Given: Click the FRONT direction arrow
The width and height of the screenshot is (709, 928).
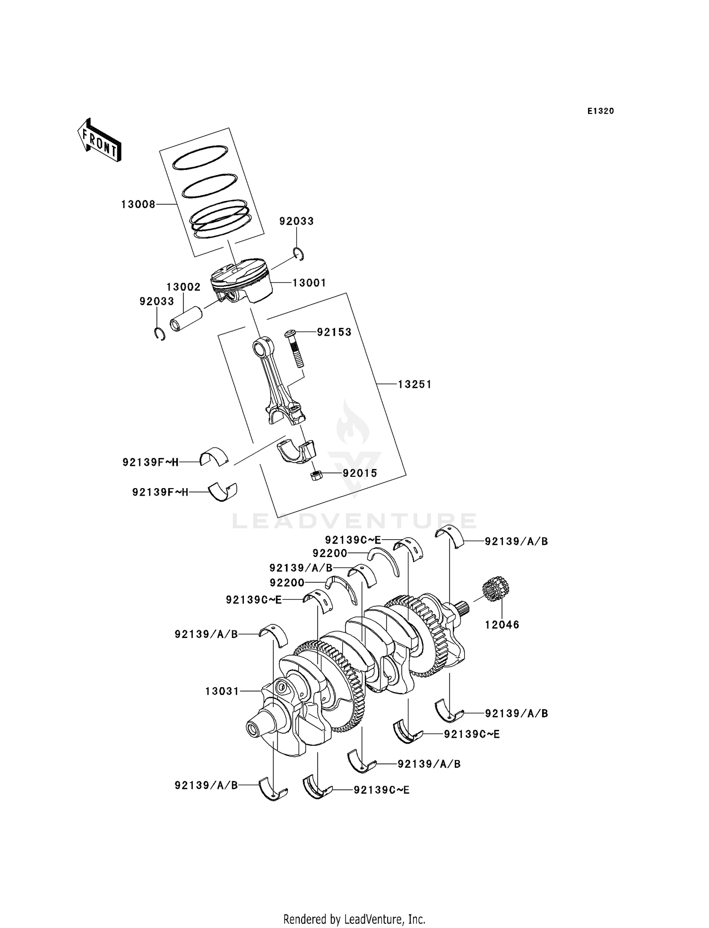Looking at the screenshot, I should tap(99, 140).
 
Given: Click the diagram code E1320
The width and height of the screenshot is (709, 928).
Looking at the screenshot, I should tap(600, 111).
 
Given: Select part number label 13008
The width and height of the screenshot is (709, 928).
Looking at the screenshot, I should tap(138, 204).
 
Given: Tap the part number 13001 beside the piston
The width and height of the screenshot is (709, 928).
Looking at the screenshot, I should tap(309, 283).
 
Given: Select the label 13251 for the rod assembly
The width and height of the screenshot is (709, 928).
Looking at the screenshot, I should tap(415, 385).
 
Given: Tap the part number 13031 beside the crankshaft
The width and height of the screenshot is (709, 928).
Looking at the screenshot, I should tap(222, 691).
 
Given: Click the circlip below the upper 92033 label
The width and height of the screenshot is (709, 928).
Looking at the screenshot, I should tap(299, 254).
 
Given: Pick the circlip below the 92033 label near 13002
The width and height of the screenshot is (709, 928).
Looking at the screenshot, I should tap(160, 334).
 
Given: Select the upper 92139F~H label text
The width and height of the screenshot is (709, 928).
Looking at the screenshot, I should tap(150, 463).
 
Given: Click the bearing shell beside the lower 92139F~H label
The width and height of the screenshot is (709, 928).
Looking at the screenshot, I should tap(224, 491).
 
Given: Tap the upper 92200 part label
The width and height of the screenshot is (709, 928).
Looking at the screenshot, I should tap(329, 553).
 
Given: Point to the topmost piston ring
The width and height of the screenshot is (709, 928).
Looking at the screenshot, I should tap(199, 157).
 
